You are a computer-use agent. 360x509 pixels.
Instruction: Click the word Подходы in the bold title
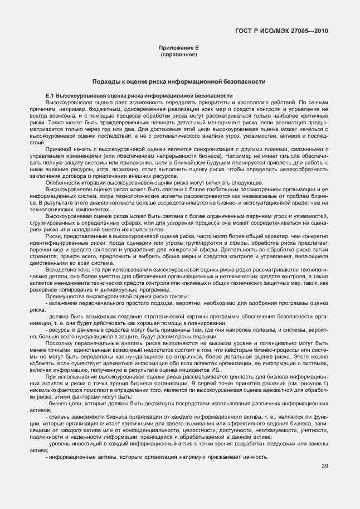104,81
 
